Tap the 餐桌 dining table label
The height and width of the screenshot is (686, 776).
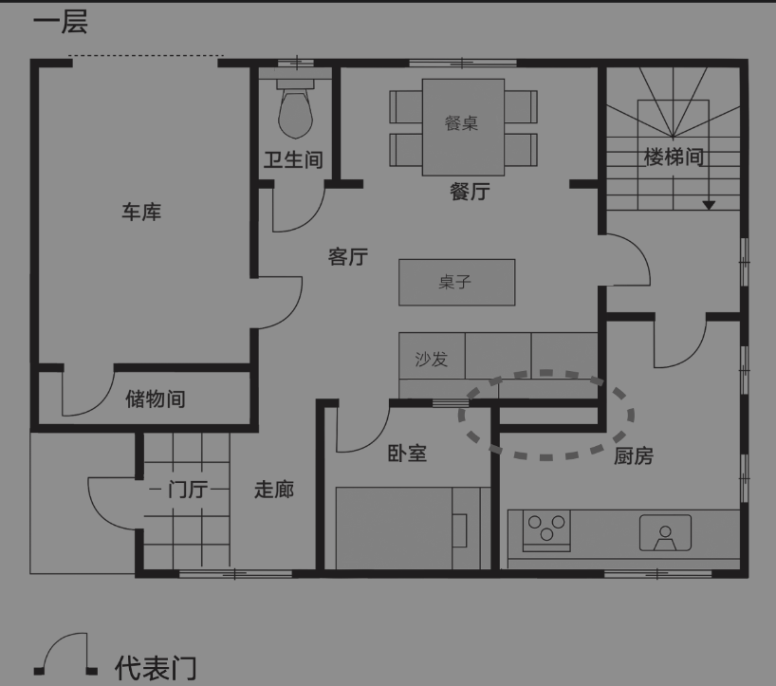pyautogui.click(x=461, y=123)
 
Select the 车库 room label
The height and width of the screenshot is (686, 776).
pyautogui.click(x=141, y=212)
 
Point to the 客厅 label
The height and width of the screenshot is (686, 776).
pyautogui.click(x=348, y=257)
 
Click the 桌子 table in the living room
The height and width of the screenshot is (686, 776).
pyautogui.click(x=457, y=282)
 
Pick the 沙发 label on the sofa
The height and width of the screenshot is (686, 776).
pyautogui.click(x=431, y=359)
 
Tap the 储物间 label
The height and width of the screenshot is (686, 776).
pyautogui.click(x=156, y=399)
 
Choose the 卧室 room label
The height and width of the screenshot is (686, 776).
pyautogui.click(x=407, y=453)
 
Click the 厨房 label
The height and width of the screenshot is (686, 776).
pyautogui.click(x=634, y=455)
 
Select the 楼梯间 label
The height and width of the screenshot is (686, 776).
pyautogui.click(x=674, y=157)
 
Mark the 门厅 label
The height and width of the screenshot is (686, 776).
pyautogui.click(x=188, y=490)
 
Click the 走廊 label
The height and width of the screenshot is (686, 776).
pyautogui.click(x=274, y=490)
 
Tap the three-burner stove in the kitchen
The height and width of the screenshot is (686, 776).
pyautogui.click(x=546, y=530)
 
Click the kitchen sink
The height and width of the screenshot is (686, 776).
pyautogui.click(x=665, y=532)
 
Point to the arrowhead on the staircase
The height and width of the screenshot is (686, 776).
pyautogui.click(x=709, y=205)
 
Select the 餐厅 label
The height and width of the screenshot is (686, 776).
pyautogui.click(x=470, y=192)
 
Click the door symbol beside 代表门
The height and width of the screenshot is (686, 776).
pyautogui.click(x=65, y=654)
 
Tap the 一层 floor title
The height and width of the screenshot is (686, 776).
pyautogui.click(x=61, y=23)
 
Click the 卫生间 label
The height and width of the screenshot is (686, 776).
pyautogui.click(x=293, y=159)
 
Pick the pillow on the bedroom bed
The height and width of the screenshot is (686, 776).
pyautogui.click(x=460, y=530)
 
